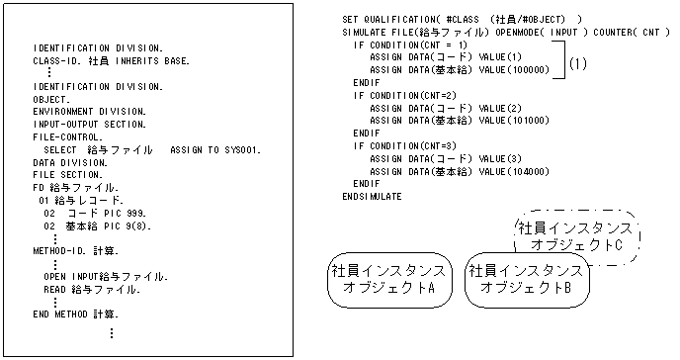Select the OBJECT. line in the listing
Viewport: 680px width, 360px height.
pyautogui.click(x=51, y=100)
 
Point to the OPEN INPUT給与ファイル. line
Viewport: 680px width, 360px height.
pyautogui.click(x=105, y=276)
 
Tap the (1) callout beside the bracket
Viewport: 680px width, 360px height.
pyautogui.click(x=579, y=63)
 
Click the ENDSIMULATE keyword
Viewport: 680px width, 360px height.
pyautogui.click(x=372, y=197)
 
